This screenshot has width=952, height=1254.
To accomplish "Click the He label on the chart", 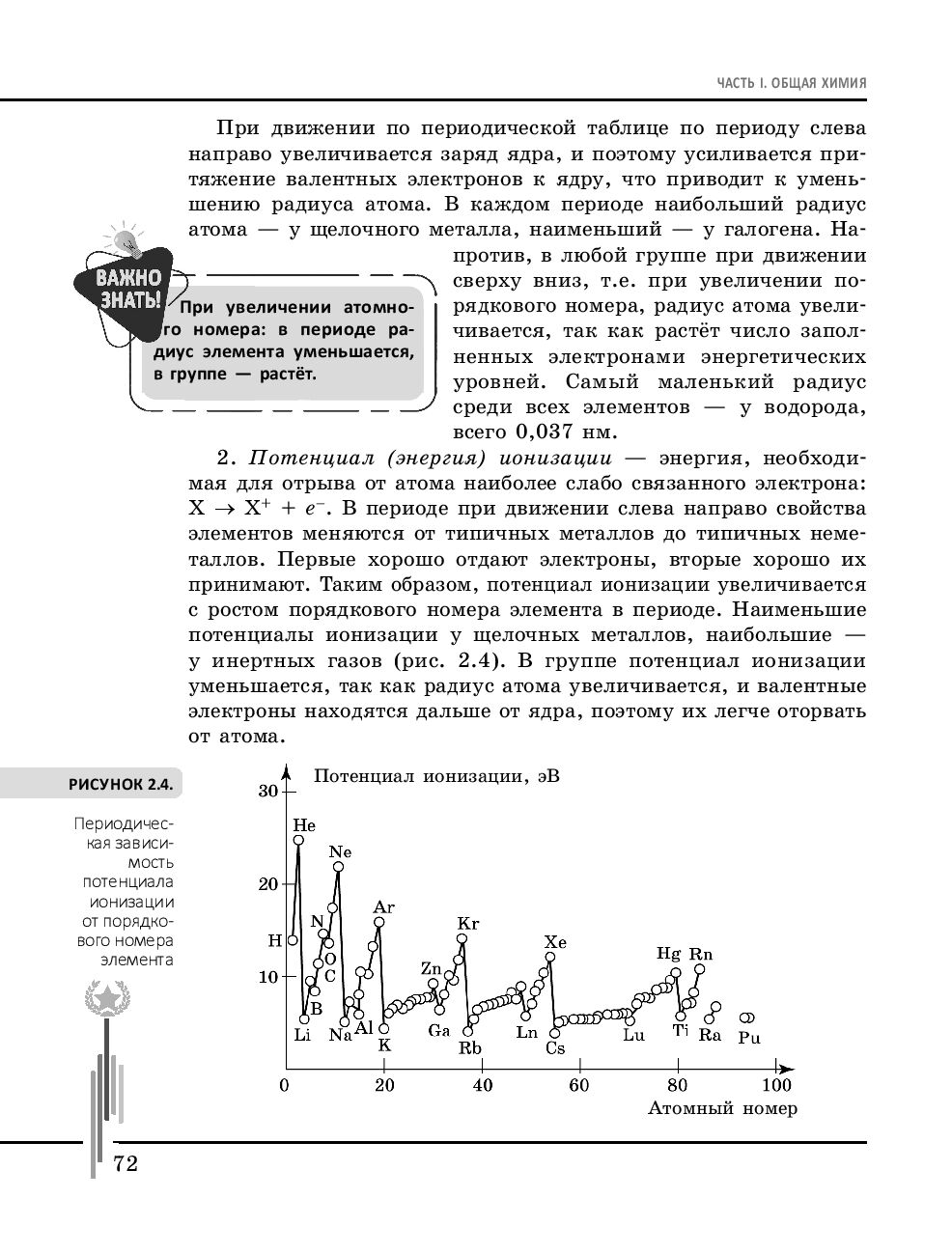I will coord(304,826).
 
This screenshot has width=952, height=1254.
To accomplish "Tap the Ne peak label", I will coord(340,852).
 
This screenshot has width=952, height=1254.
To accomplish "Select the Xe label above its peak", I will coord(555,942).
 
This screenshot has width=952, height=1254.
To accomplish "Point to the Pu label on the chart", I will coord(749,1038).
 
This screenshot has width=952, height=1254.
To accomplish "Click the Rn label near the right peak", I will coord(700,955).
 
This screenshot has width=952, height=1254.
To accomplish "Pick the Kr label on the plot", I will coord(468,923).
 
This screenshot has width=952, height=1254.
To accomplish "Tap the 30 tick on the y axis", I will coord(267,792).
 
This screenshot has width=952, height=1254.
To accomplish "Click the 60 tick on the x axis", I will coord(578,1085).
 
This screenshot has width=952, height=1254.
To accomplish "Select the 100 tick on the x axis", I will coord(775,1085).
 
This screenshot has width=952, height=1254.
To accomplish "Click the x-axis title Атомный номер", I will coord(722,1108).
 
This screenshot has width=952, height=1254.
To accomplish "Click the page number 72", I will coord(126,1163).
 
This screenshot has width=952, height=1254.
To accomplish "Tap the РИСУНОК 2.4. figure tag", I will coord(120,784).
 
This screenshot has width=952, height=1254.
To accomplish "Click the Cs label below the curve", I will coord(555,1047).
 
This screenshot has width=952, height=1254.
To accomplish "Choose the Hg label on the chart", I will coord(668,953).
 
